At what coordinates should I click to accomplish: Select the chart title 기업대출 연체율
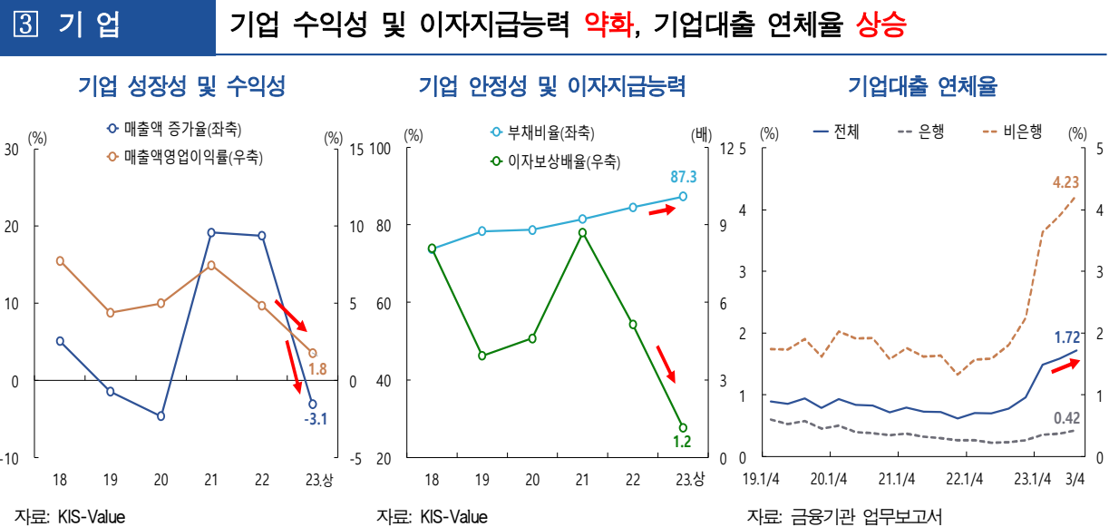point(922,87)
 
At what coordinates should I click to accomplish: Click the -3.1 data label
point(316,419)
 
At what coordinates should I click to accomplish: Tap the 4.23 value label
point(1065,182)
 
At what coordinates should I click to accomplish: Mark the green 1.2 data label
point(682,442)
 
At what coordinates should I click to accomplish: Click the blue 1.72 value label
point(1065,337)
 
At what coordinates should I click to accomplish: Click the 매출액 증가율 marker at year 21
point(211,233)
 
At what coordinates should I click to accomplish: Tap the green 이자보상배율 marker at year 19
point(482,356)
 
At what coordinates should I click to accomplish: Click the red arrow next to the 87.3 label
point(662,210)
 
